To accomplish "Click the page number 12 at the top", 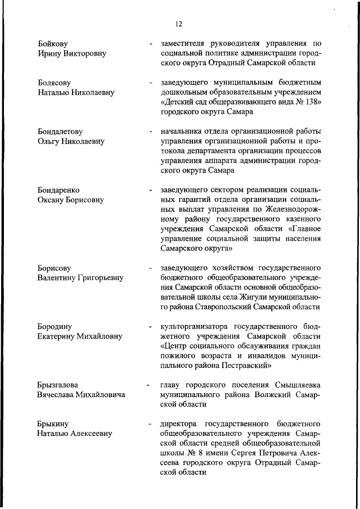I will click(x=179, y=24).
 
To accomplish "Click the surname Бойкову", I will click(x=54, y=43).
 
